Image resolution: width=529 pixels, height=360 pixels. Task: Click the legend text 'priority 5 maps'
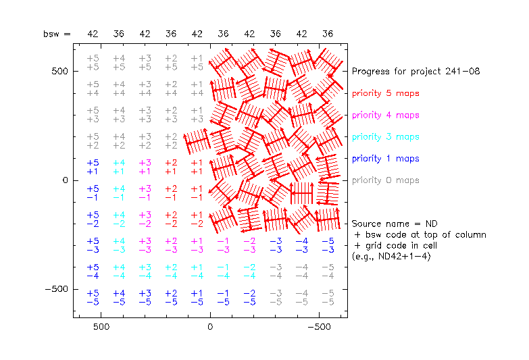(x=385, y=93)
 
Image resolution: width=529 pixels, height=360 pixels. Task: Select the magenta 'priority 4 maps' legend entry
(x=385, y=115)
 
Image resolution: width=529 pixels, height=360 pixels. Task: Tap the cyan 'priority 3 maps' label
(x=385, y=136)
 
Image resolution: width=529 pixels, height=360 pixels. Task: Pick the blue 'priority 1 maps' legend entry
(x=385, y=159)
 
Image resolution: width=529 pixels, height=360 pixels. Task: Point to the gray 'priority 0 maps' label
(x=385, y=180)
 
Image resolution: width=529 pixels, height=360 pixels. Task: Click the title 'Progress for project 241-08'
(x=415, y=71)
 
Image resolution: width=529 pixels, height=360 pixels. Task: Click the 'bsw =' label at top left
(x=57, y=34)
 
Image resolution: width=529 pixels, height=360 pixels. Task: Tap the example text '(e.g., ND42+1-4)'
(x=391, y=257)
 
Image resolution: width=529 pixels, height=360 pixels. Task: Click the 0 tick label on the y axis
(x=66, y=180)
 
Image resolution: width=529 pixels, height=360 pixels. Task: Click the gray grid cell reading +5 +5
(x=93, y=63)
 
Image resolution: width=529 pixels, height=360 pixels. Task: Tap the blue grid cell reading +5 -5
(x=93, y=298)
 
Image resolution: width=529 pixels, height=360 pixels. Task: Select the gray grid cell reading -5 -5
(x=328, y=298)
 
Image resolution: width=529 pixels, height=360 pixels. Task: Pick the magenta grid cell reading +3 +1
(x=145, y=167)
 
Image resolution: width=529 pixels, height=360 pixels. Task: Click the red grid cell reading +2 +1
(x=171, y=167)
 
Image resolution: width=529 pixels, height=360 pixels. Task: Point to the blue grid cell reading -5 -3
(x=328, y=245)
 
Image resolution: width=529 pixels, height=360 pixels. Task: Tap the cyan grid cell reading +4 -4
(x=119, y=272)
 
